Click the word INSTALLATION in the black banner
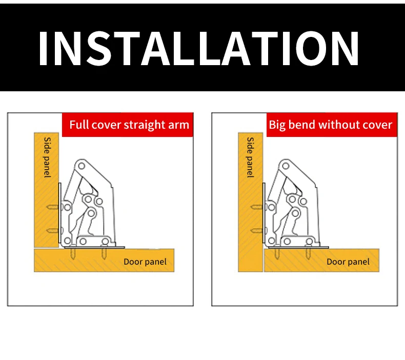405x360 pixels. pos(198,48)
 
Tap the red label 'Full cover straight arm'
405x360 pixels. pos(128,125)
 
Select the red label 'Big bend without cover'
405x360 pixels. pos(332,125)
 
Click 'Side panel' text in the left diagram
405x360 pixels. pos(47,157)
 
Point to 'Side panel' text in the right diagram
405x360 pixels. pos(250,157)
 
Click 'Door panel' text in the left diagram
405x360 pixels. pos(145,262)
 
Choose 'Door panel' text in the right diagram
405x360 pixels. pos(348,262)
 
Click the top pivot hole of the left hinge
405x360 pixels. pos(82,166)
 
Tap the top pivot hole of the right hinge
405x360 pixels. pos(286,166)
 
